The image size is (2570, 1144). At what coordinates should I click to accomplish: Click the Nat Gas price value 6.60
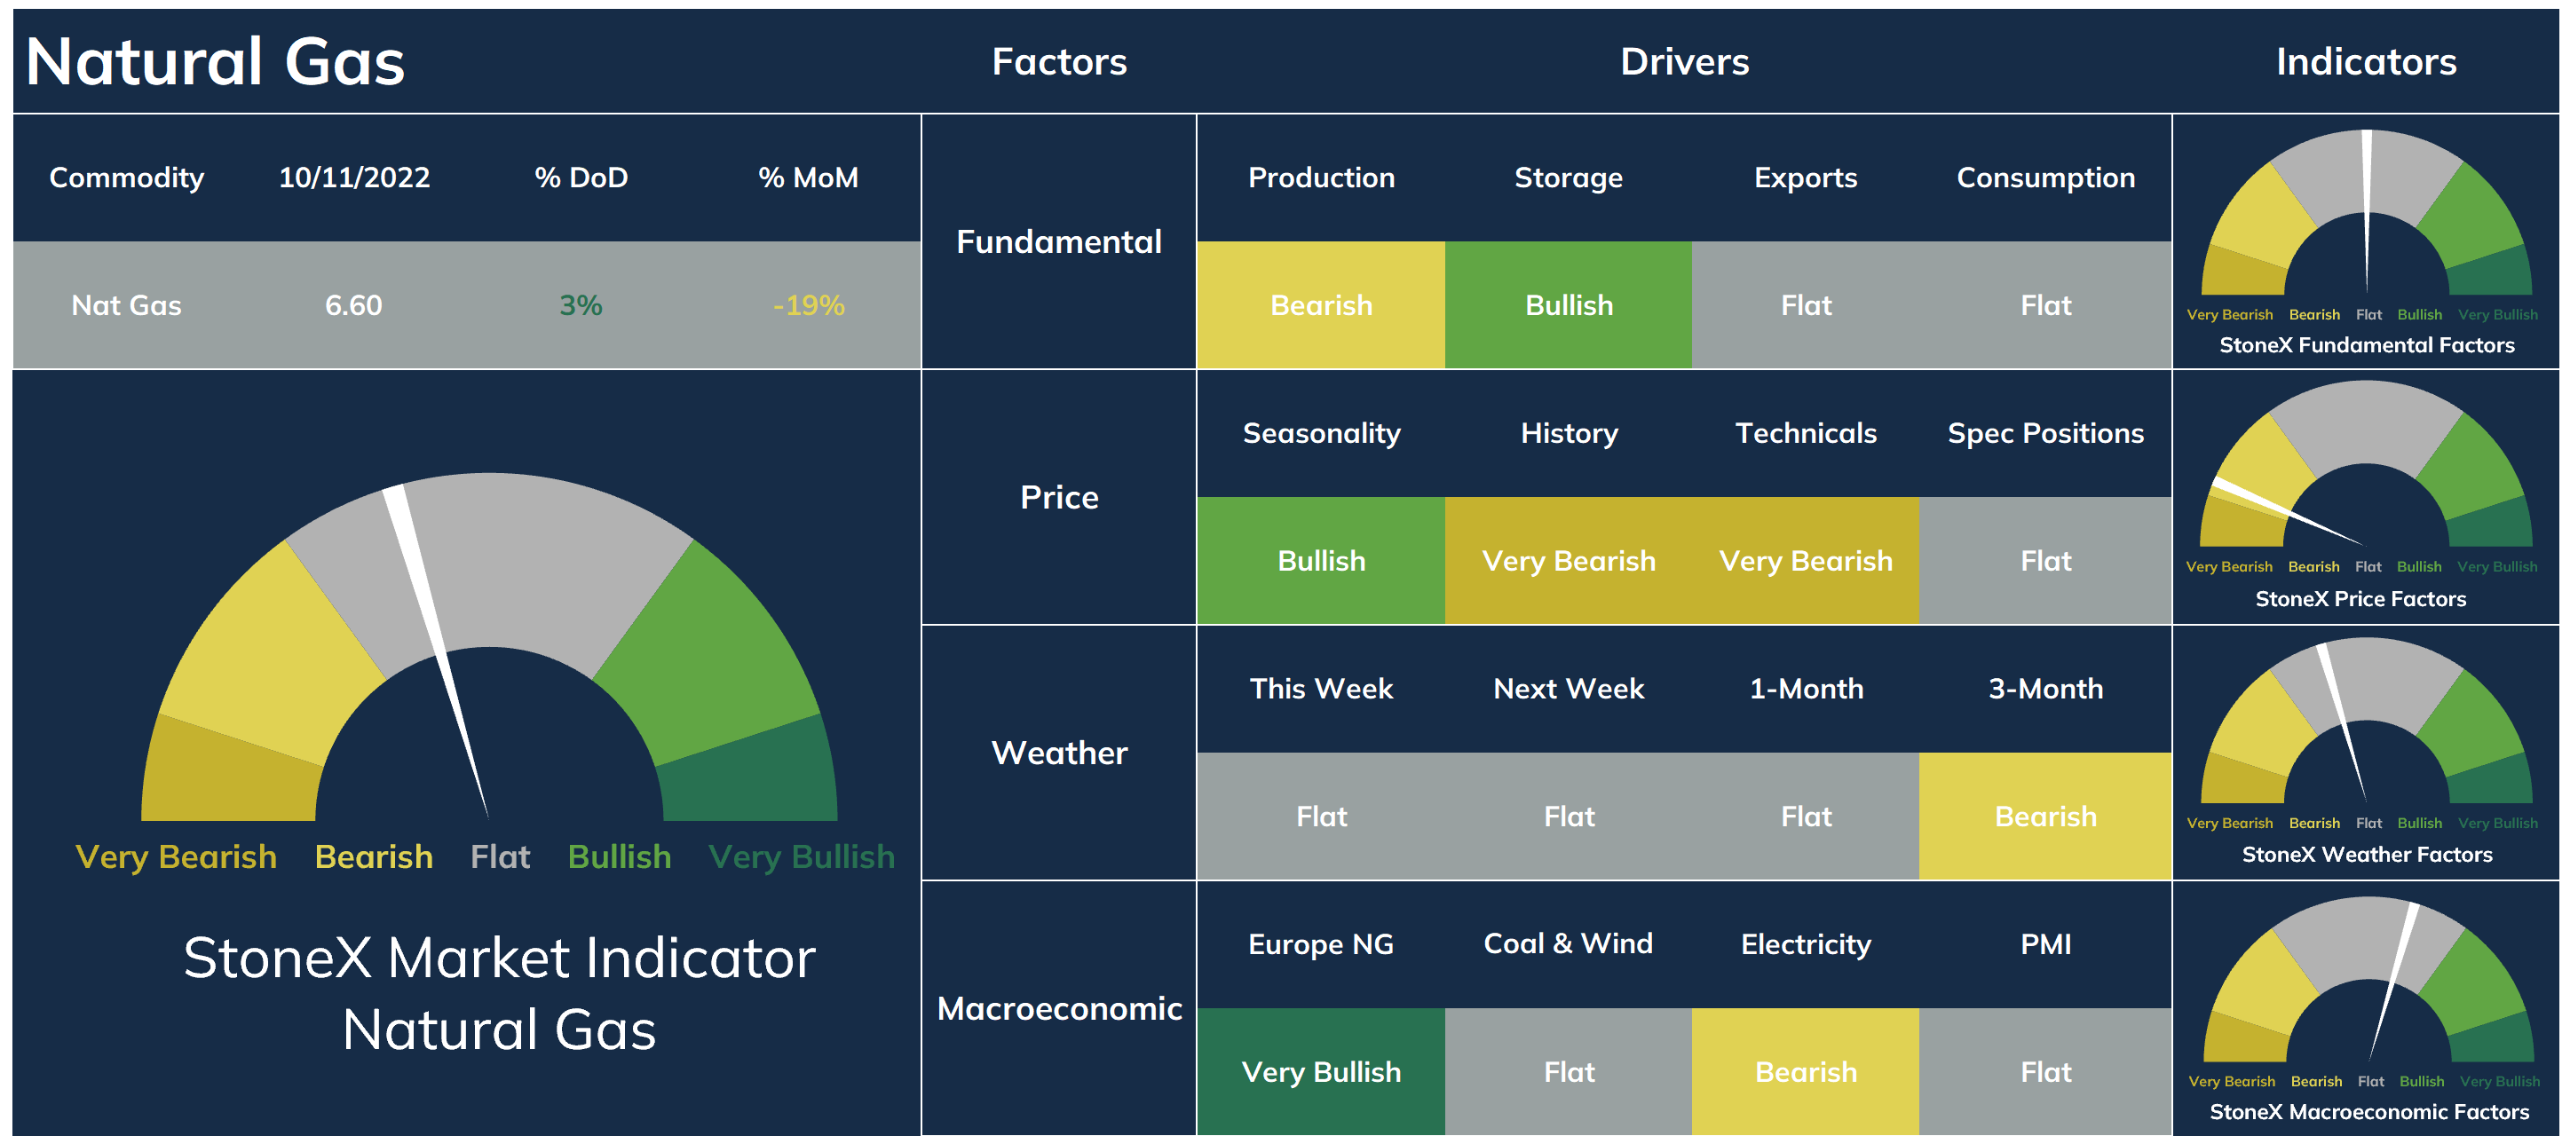click(353, 305)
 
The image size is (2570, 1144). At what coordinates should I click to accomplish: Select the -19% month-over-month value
click(808, 305)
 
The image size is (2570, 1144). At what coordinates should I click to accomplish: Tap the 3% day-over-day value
click(581, 305)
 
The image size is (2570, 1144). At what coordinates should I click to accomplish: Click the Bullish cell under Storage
click(1569, 305)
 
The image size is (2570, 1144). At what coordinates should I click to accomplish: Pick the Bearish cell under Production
click(1321, 305)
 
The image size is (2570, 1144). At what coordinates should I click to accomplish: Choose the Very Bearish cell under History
click(1569, 561)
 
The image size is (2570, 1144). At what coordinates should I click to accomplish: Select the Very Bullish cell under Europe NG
click(1321, 1072)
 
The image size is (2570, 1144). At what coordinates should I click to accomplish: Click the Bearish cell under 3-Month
click(2045, 817)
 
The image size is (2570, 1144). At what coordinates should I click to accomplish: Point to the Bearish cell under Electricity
click(1806, 1072)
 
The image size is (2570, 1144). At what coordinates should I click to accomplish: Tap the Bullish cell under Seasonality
click(1321, 561)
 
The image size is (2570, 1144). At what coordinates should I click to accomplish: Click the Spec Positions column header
click(2045, 433)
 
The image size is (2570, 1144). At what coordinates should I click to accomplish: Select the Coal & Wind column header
click(1569, 943)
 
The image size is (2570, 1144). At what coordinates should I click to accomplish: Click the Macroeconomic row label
click(1060, 1008)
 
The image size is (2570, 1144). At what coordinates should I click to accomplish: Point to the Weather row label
click(1060, 753)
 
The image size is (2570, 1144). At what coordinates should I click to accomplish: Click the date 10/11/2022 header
click(354, 178)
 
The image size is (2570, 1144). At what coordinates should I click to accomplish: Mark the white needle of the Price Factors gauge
click(2287, 512)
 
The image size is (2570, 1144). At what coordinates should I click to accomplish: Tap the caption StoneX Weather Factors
click(2367, 855)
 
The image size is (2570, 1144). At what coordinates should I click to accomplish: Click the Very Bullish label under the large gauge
click(801, 856)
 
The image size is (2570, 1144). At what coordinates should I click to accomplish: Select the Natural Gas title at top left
click(216, 62)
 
